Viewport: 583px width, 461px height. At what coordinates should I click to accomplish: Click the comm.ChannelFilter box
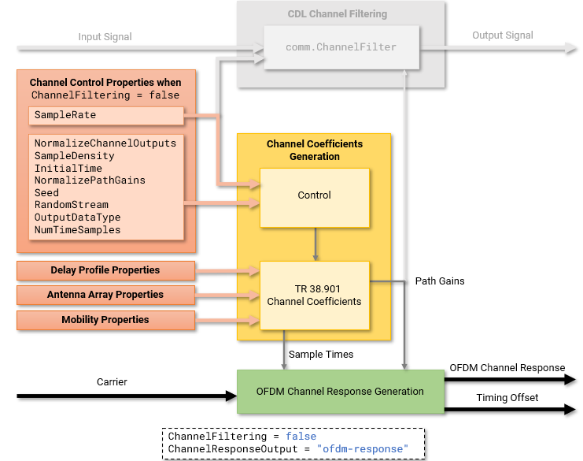(x=341, y=47)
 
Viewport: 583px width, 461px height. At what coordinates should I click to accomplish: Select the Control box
(x=314, y=195)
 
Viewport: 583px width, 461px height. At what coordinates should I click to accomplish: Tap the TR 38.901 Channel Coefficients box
(x=314, y=296)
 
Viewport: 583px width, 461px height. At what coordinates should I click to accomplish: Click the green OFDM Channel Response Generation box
(x=340, y=392)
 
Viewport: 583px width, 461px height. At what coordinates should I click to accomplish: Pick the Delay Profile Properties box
(x=105, y=270)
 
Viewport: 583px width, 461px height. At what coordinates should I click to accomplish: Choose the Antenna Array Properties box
(x=105, y=295)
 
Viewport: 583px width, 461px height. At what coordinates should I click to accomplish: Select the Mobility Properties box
(x=105, y=320)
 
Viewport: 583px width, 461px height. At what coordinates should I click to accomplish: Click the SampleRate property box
(x=105, y=115)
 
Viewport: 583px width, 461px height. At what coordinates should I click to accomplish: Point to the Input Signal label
(x=105, y=37)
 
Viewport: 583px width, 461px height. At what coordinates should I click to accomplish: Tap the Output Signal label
(x=502, y=35)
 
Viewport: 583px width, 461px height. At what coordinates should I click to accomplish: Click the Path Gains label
(x=439, y=281)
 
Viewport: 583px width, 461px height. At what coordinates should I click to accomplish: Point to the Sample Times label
(x=321, y=355)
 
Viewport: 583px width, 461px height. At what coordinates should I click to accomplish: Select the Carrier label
(x=111, y=382)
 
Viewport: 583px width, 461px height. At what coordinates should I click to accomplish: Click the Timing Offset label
(x=507, y=398)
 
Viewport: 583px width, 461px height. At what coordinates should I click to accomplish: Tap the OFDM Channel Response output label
(x=507, y=368)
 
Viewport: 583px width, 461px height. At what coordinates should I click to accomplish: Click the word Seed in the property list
(x=46, y=192)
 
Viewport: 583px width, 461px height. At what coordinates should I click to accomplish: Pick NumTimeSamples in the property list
(x=77, y=229)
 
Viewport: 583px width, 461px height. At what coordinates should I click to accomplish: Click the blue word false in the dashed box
(x=301, y=437)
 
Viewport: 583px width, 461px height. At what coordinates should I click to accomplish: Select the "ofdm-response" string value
(x=363, y=449)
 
